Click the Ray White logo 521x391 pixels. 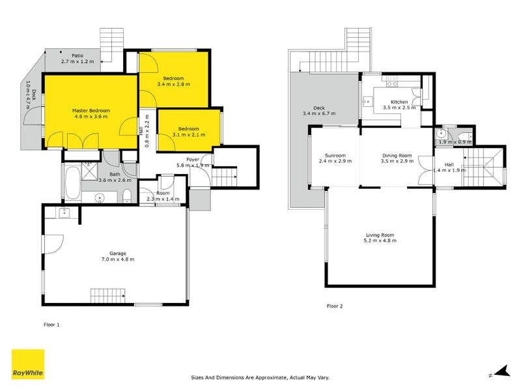[28, 364]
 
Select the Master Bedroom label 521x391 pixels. [91, 111]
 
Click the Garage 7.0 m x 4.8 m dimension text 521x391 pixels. [117, 259]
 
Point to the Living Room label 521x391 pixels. [380, 235]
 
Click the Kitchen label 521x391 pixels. [399, 102]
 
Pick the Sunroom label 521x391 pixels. [335, 155]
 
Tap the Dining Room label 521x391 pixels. [397, 155]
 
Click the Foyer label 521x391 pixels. [193, 159]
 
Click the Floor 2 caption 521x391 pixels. [335, 305]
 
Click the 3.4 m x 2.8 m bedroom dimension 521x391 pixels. [173, 84]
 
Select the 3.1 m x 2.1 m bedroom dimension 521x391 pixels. [189, 136]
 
